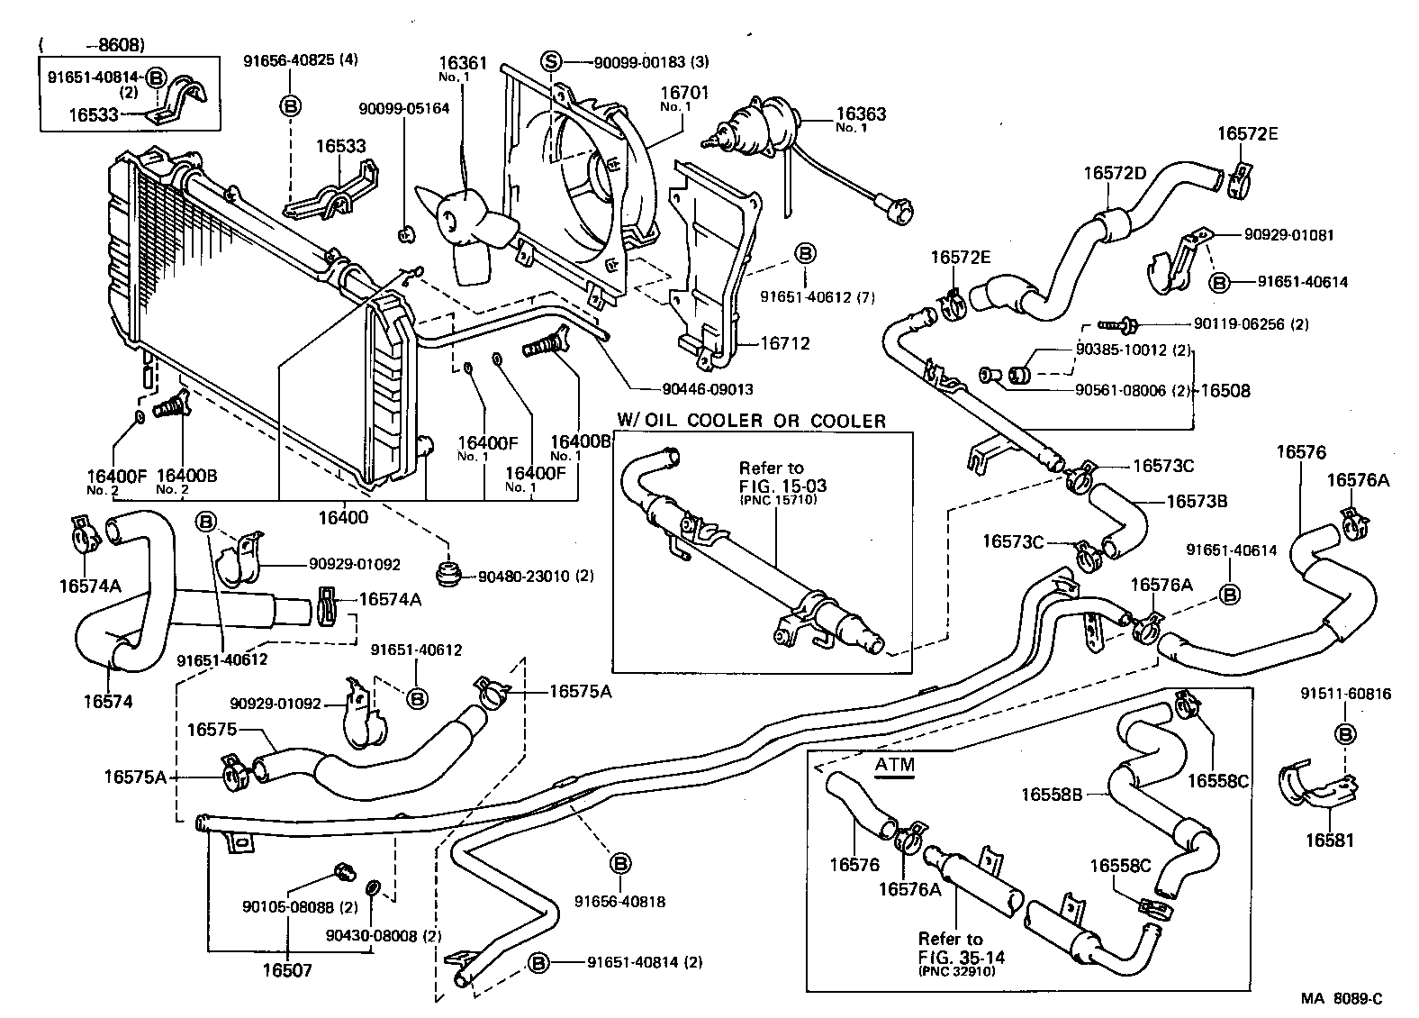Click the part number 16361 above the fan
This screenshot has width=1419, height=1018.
(x=463, y=63)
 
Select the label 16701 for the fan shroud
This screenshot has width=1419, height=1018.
(x=685, y=92)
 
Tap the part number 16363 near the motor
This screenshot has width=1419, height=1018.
(x=861, y=114)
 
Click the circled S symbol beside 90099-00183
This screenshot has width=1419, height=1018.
(x=551, y=61)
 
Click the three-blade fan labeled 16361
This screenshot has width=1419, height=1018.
(x=464, y=221)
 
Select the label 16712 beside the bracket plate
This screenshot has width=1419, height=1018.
(x=784, y=343)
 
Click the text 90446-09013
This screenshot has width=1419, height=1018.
(x=707, y=389)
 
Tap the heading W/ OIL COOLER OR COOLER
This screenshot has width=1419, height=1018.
(x=751, y=420)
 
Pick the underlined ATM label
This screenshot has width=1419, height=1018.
(x=894, y=765)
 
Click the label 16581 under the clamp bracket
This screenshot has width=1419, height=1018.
(x=1328, y=841)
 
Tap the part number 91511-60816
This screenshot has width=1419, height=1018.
(x=1345, y=694)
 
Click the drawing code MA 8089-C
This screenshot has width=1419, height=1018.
(x=1340, y=998)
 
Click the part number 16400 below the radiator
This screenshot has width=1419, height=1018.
(x=342, y=517)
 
